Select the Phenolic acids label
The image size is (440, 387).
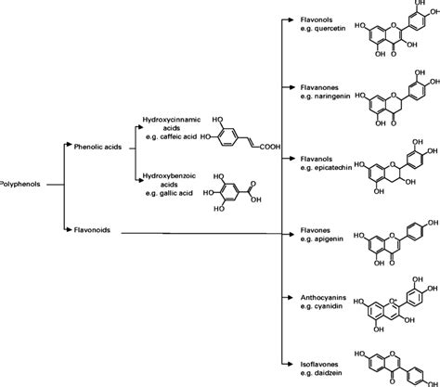coord(97,145)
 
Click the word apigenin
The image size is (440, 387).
coord(335,239)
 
